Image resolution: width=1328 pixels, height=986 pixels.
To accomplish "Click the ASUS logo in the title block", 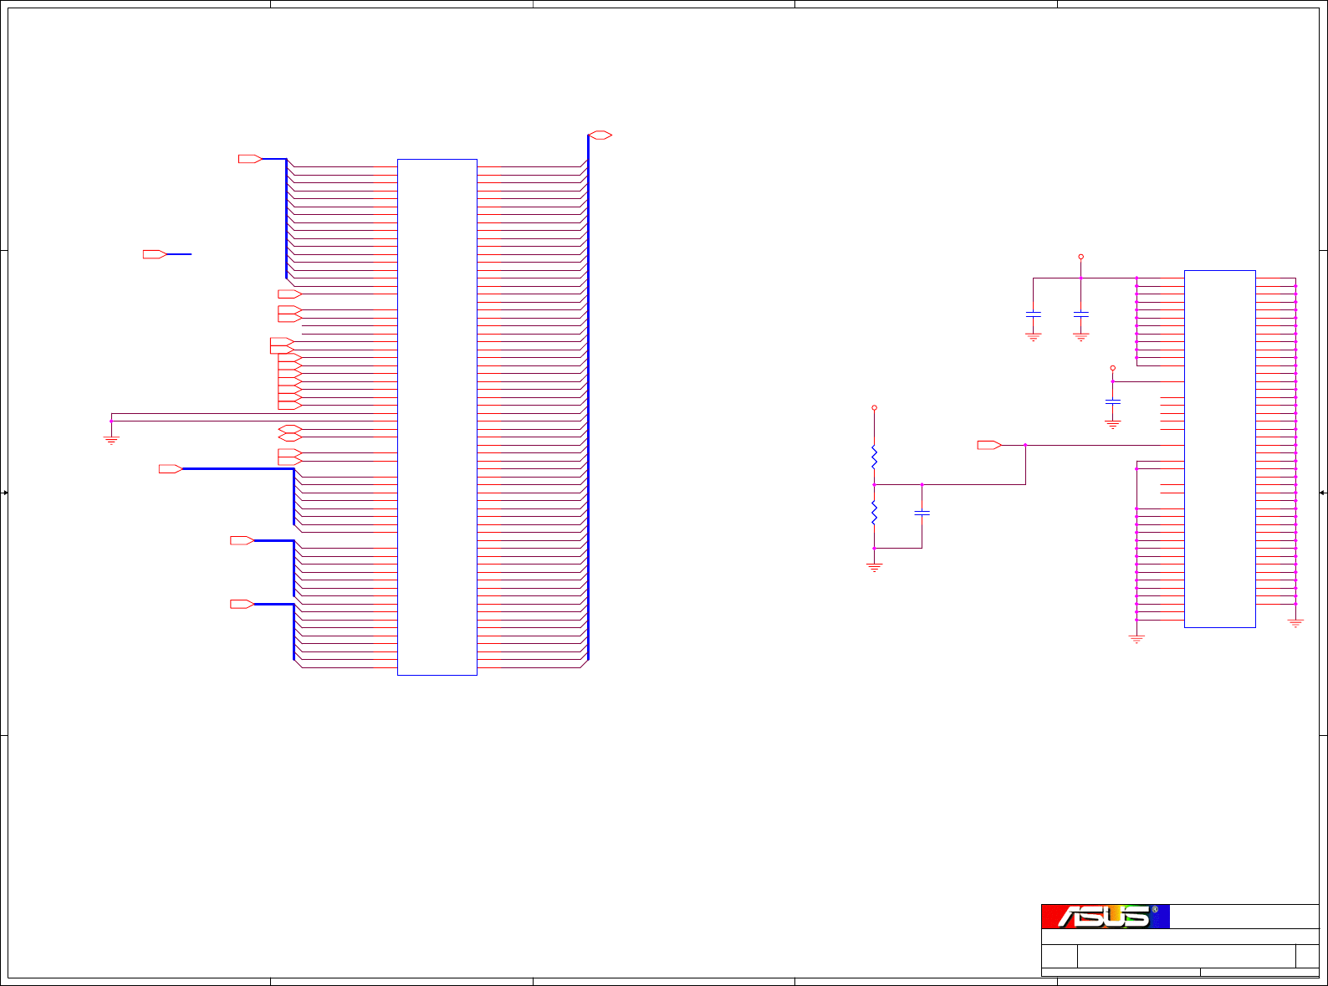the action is (1106, 917).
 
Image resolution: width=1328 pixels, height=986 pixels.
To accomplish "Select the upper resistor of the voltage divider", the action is (874, 457).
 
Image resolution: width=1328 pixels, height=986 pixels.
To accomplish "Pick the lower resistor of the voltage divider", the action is (874, 513).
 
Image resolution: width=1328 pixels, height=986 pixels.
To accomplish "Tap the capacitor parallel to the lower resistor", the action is (922, 513).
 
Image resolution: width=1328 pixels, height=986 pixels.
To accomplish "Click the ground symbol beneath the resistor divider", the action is (874, 568).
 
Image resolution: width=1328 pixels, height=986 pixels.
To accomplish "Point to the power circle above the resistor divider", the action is (874, 408).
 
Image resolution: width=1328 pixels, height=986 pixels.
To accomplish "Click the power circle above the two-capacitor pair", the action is (1080, 257).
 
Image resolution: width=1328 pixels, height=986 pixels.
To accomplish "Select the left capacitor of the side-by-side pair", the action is (1034, 314).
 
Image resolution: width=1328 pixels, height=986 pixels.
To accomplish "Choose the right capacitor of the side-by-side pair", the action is (1080, 314).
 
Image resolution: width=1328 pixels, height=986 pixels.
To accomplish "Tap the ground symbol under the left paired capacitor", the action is (1034, 337).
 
